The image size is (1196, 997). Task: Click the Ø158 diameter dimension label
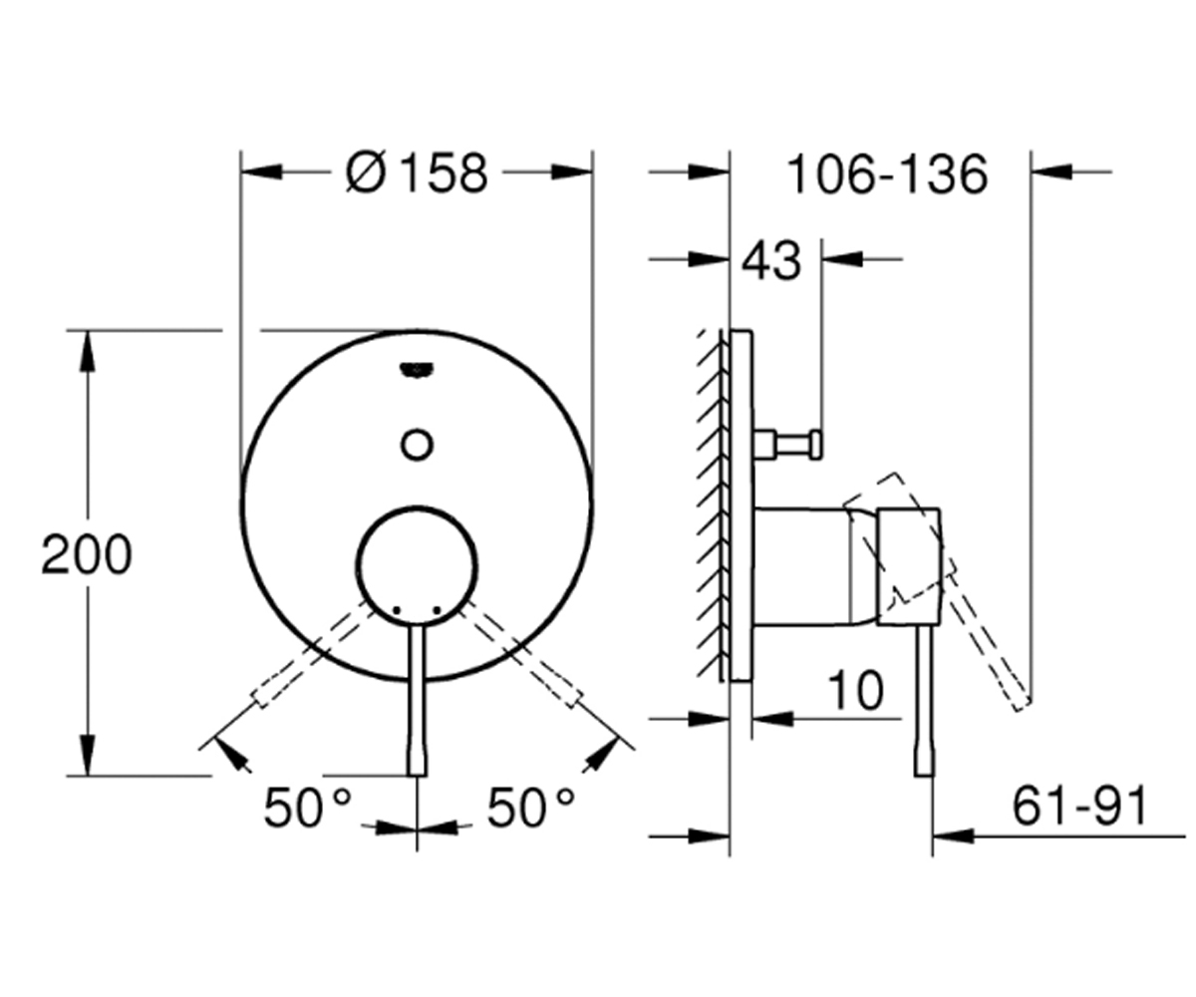[x=417, y=173]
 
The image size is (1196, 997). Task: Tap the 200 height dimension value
[x=87, y=554]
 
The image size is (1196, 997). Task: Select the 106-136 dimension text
[x=887, y=174]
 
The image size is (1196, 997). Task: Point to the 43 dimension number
[x=771, y=260]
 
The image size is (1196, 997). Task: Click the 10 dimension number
[x=856, y=691]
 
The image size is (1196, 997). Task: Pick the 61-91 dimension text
[x=1079, y=805]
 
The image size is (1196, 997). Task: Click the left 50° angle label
[x=307, y=808]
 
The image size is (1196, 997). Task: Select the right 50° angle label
[x=530, y=808]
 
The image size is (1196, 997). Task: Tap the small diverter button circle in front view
[x=417, y=444]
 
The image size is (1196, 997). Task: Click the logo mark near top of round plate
[x=417, y=370]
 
